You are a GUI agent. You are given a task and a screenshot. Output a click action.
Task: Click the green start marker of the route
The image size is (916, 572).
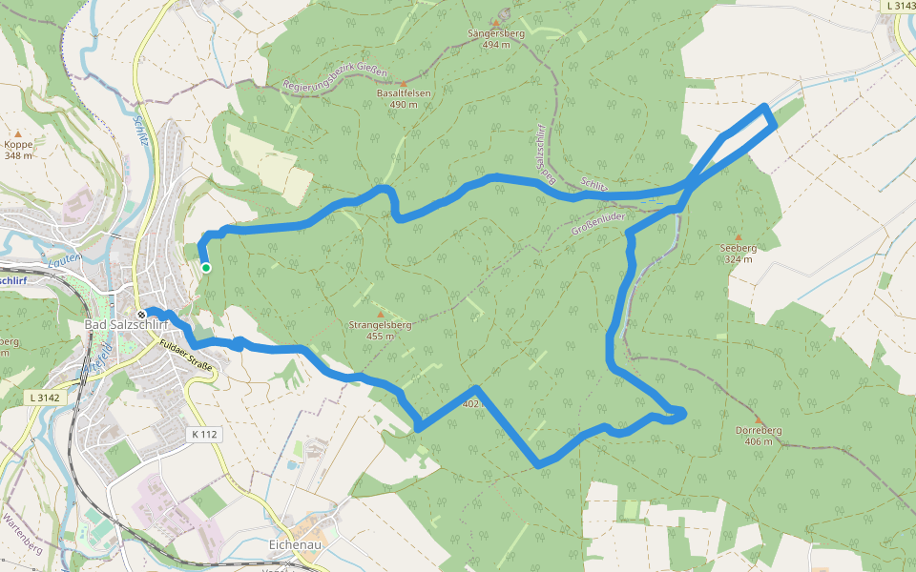point(206,268)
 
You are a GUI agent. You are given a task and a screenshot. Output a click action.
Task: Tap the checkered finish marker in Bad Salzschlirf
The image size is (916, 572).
point(141,315)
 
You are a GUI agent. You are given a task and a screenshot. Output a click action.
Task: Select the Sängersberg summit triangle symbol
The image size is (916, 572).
point(496,23)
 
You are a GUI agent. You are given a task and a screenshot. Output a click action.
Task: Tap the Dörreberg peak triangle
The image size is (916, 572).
point(759,419)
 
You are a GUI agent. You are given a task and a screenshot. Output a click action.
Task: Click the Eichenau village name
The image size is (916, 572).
point(291,545)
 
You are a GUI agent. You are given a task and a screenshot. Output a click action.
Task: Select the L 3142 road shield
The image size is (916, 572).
point(44,397)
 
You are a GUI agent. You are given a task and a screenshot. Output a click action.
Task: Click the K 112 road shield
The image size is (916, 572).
point(204,435)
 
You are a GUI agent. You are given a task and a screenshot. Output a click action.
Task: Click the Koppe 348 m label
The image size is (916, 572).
point(18,150)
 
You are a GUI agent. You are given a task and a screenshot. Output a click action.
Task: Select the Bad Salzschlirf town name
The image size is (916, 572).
point(126,327)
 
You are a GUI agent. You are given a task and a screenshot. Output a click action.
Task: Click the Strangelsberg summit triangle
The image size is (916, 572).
point(380,314)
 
